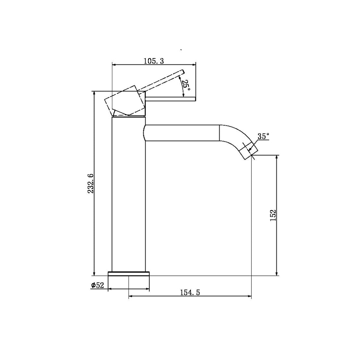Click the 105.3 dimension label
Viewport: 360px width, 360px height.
click(154, 61)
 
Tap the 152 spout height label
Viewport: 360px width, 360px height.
click(273, 215)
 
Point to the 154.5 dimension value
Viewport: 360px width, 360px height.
click(190, 292)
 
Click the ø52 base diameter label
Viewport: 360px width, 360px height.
click(98, 285)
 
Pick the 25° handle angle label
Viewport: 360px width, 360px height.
click(186, 86)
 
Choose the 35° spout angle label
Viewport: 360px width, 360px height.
click(263, 136)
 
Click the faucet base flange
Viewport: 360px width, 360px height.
click(129, 273)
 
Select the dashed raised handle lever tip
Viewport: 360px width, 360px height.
click(182, 72)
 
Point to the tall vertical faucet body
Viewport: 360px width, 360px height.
click(129, 195)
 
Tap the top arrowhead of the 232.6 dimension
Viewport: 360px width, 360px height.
click(94, 93)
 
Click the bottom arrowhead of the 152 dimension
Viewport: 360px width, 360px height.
click(277, 273)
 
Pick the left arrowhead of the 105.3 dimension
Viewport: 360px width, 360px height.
click(115, 65)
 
